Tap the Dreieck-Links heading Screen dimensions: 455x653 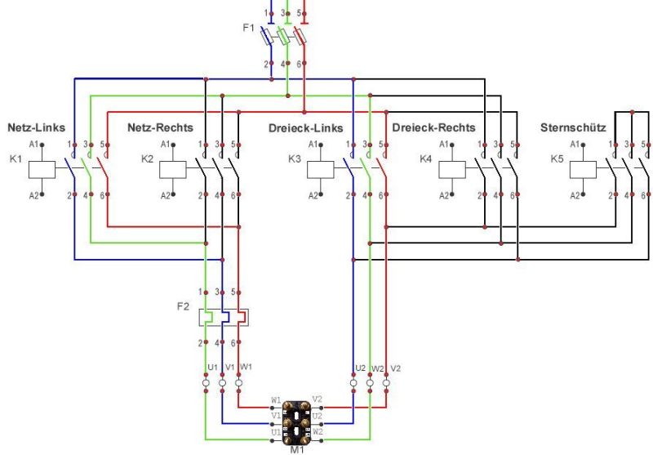[305, 128]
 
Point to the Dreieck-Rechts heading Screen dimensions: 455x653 [433, 127]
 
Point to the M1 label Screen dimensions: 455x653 [295, 447]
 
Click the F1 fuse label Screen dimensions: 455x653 [249, 28]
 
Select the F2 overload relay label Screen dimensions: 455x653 [184, 307]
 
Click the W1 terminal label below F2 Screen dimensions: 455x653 [247, 366]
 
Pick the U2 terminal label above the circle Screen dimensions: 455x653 [359, 368]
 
